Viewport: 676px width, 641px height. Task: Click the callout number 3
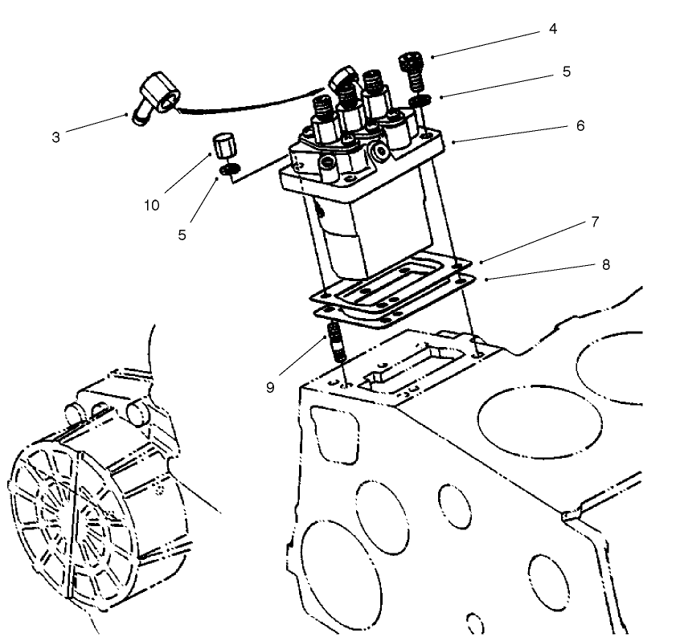pos(55,137)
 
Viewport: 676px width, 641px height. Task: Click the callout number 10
pos(152,205)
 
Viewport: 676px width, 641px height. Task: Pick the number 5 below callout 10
pos(182,235)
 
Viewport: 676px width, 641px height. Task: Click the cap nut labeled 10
pos(222,148)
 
